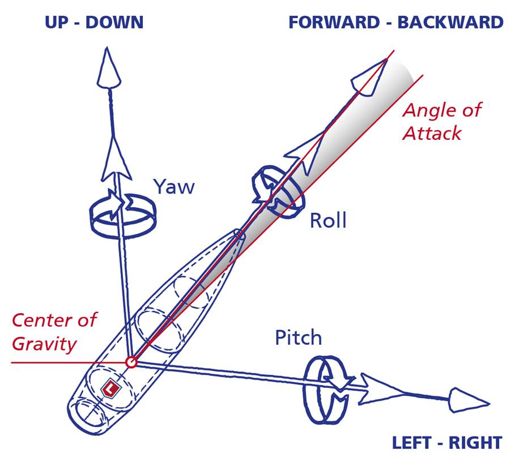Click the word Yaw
174,187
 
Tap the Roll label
328,220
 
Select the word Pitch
298,338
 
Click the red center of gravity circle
131,362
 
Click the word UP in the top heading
57,22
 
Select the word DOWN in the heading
114,22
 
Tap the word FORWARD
334,22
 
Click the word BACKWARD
450,22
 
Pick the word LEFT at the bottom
411,443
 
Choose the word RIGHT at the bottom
475,443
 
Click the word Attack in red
432,134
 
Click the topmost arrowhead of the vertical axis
108,69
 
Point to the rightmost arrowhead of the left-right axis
468,400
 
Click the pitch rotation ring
307,391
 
